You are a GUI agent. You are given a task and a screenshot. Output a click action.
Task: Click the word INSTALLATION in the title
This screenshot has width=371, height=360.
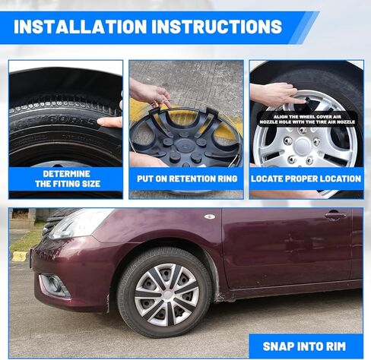tap(80, 27)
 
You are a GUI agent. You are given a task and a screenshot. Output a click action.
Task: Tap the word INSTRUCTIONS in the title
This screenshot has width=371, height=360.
tap(217, 27)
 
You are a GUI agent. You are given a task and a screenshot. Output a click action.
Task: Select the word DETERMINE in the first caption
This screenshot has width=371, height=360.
tap(66, 174)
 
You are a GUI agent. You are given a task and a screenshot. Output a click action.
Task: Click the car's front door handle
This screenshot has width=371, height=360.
tap(335, 216)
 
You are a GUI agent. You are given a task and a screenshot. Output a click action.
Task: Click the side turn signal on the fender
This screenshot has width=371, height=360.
tap(210, 216)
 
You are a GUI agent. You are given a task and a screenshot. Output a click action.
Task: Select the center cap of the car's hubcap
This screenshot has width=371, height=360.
tap(167, 295)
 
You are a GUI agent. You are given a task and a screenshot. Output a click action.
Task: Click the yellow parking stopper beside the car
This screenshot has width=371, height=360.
tap(20, 256)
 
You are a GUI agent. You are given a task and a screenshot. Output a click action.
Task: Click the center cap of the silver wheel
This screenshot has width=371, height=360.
tap(302, 145)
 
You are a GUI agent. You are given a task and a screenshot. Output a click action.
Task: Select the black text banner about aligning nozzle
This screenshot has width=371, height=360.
tap(307, 119)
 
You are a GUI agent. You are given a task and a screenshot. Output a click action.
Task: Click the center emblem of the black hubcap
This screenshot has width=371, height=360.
tap(184, 146)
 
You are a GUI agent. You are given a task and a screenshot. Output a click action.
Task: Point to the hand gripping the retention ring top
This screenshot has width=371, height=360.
tap(151, 93)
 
